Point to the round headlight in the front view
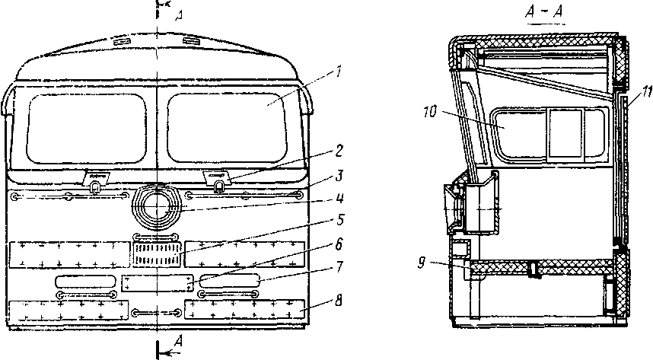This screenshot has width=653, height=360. [x=158, y=206]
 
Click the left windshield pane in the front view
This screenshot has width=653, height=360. [x=85, y=127]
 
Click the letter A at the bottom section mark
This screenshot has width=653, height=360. [x=178, y=340]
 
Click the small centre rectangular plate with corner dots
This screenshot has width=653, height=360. [x=158, y=283]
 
